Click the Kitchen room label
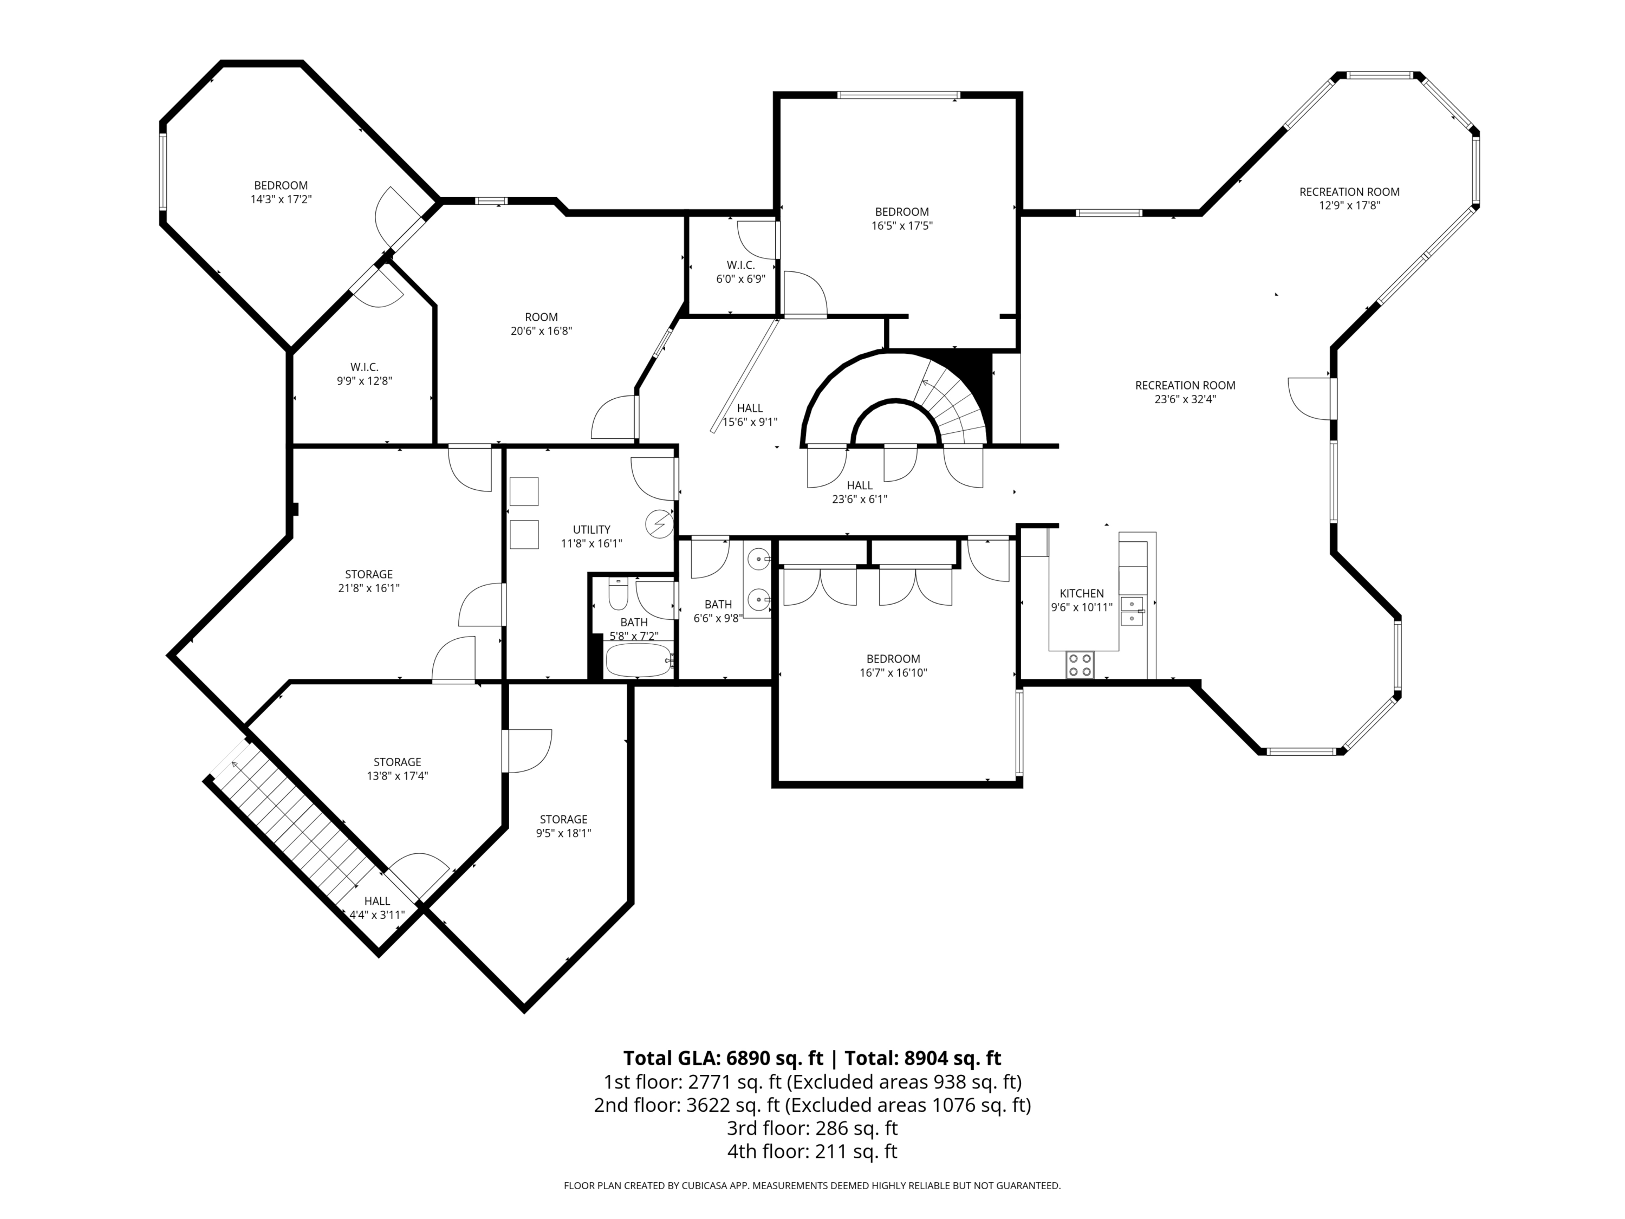pyautogui.click(x=1081, y=594)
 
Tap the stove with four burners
pyautogui.click(x=1080, y=665)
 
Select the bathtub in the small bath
pyautogui.click(x=639, y=660)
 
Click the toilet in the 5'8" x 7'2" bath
pyautogui.click(x=619, y=594)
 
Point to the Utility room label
pyautogui.click(x=591, y=530)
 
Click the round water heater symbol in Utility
pyautogui.click(x=659, y=524)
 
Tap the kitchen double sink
pyautogui.click(x=1132, y=611)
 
